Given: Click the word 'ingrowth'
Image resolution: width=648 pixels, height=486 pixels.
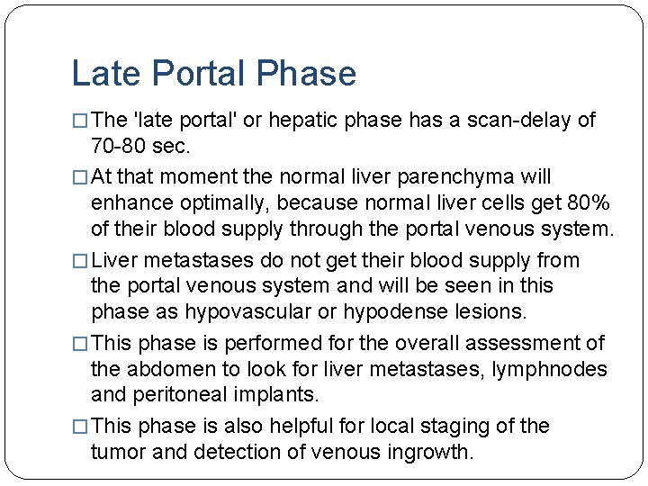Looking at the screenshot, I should click(x=427, y=452).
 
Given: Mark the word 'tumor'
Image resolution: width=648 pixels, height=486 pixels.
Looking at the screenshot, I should click(x=118, y=452).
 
